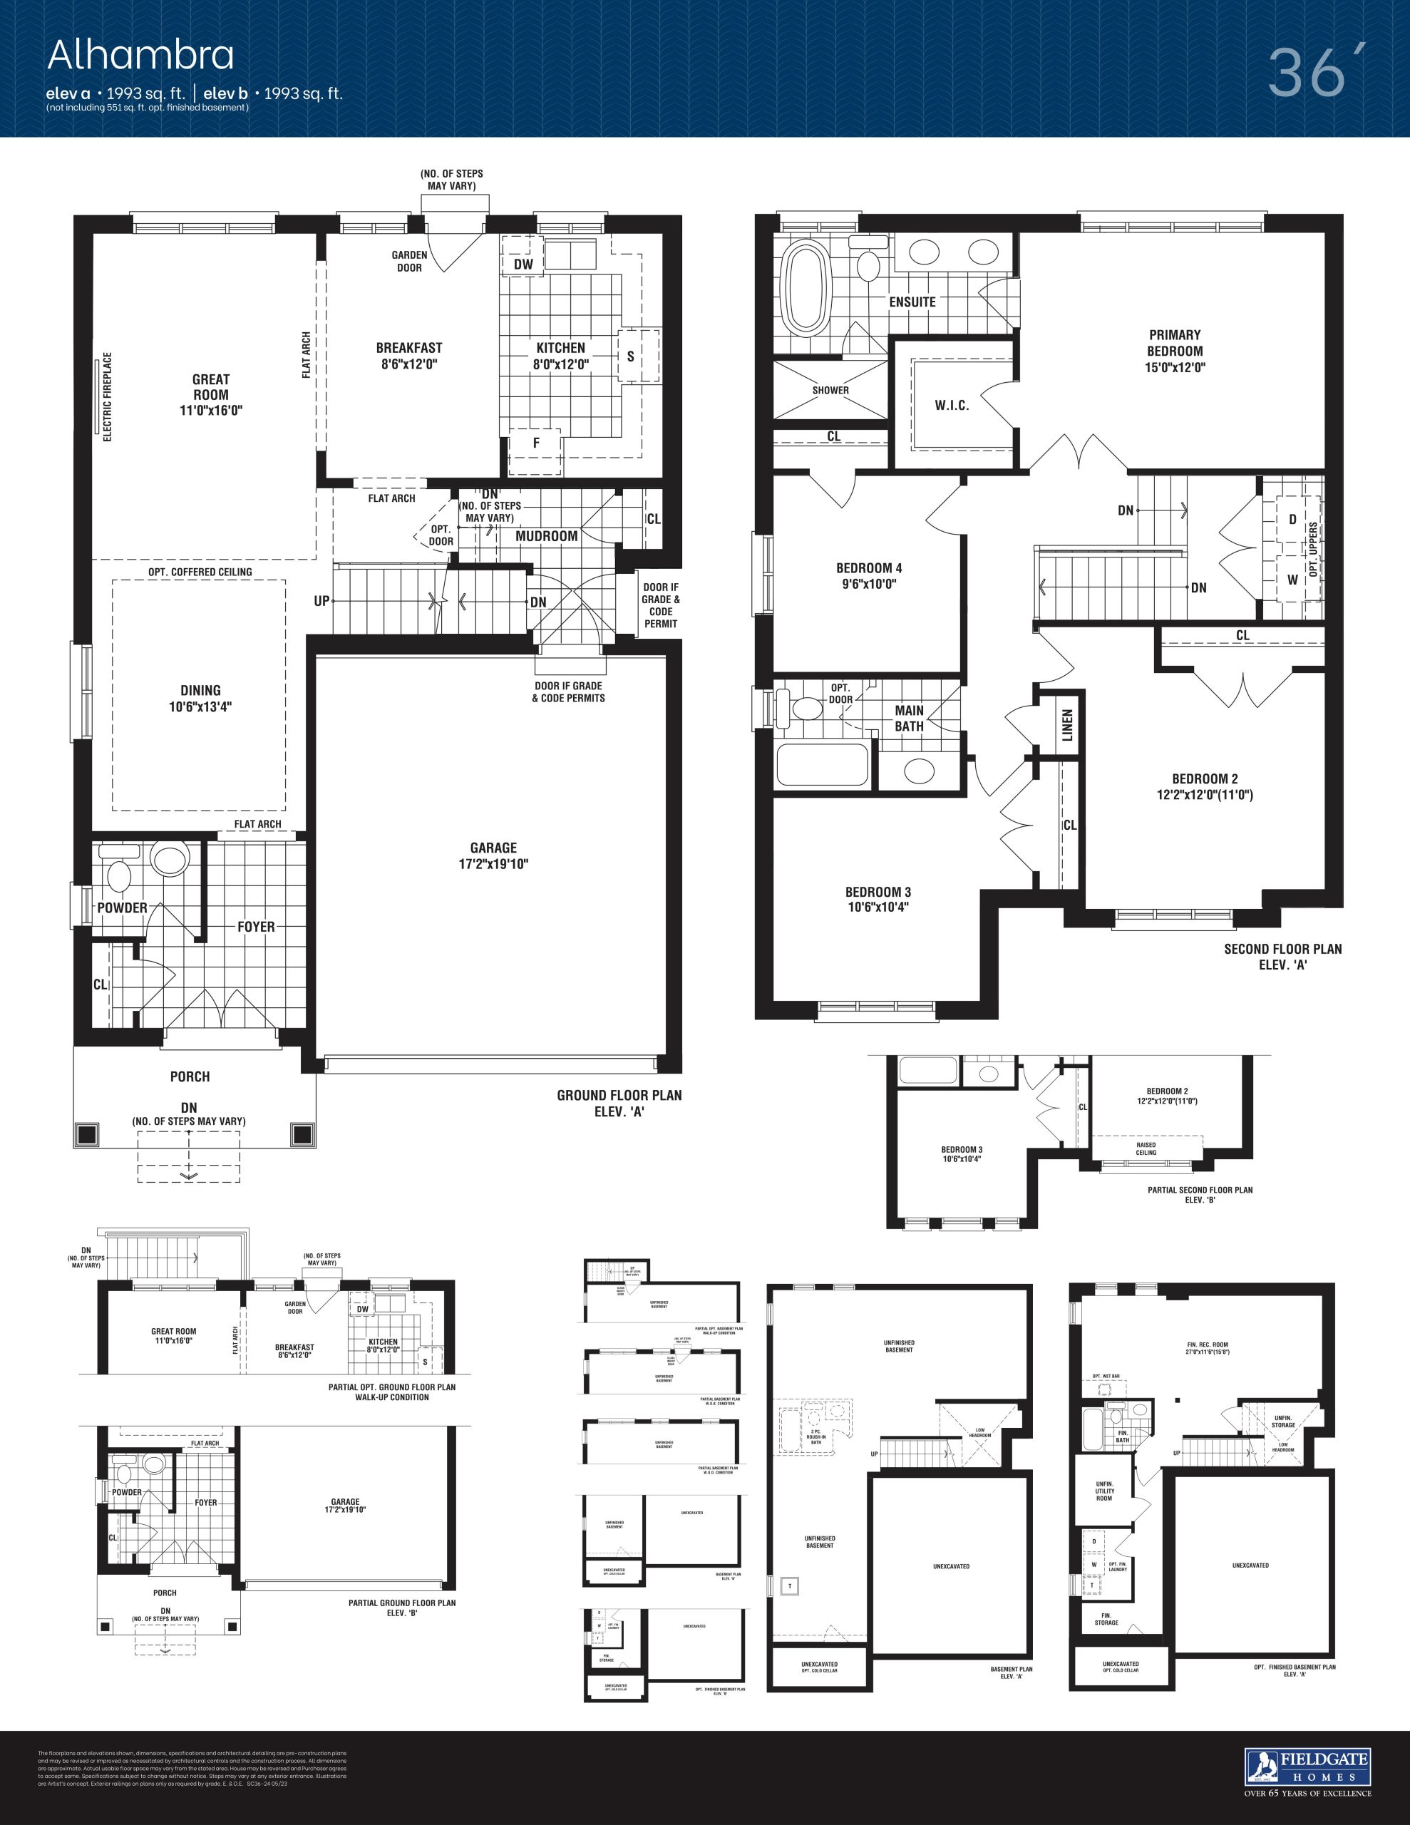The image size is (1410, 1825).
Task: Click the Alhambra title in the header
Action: [x=140, y=55]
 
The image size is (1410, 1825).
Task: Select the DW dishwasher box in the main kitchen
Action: [x=523, y=264]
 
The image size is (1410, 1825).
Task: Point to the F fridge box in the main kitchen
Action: [x=536, y=443]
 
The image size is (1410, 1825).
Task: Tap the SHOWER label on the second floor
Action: [x=830, y=390]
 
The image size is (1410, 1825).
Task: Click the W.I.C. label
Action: [x=951, y=405]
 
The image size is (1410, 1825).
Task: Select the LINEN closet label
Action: [x=1067, y=724]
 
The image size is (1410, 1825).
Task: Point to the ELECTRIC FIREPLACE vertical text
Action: [x=107, y=396]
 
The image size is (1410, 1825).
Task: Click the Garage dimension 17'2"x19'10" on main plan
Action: [x=493, y=864]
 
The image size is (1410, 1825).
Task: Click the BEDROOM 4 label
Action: [x=868, y=568]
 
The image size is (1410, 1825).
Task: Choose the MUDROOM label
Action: [x=547, y=537]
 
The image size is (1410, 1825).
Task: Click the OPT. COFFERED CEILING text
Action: [x=200, y=572]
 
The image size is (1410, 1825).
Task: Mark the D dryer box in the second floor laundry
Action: [x=1292, y=519]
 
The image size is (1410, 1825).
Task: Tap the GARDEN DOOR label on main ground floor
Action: [x=410, y=262]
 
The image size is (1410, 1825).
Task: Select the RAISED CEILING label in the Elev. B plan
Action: [x=1146, y=1149]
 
